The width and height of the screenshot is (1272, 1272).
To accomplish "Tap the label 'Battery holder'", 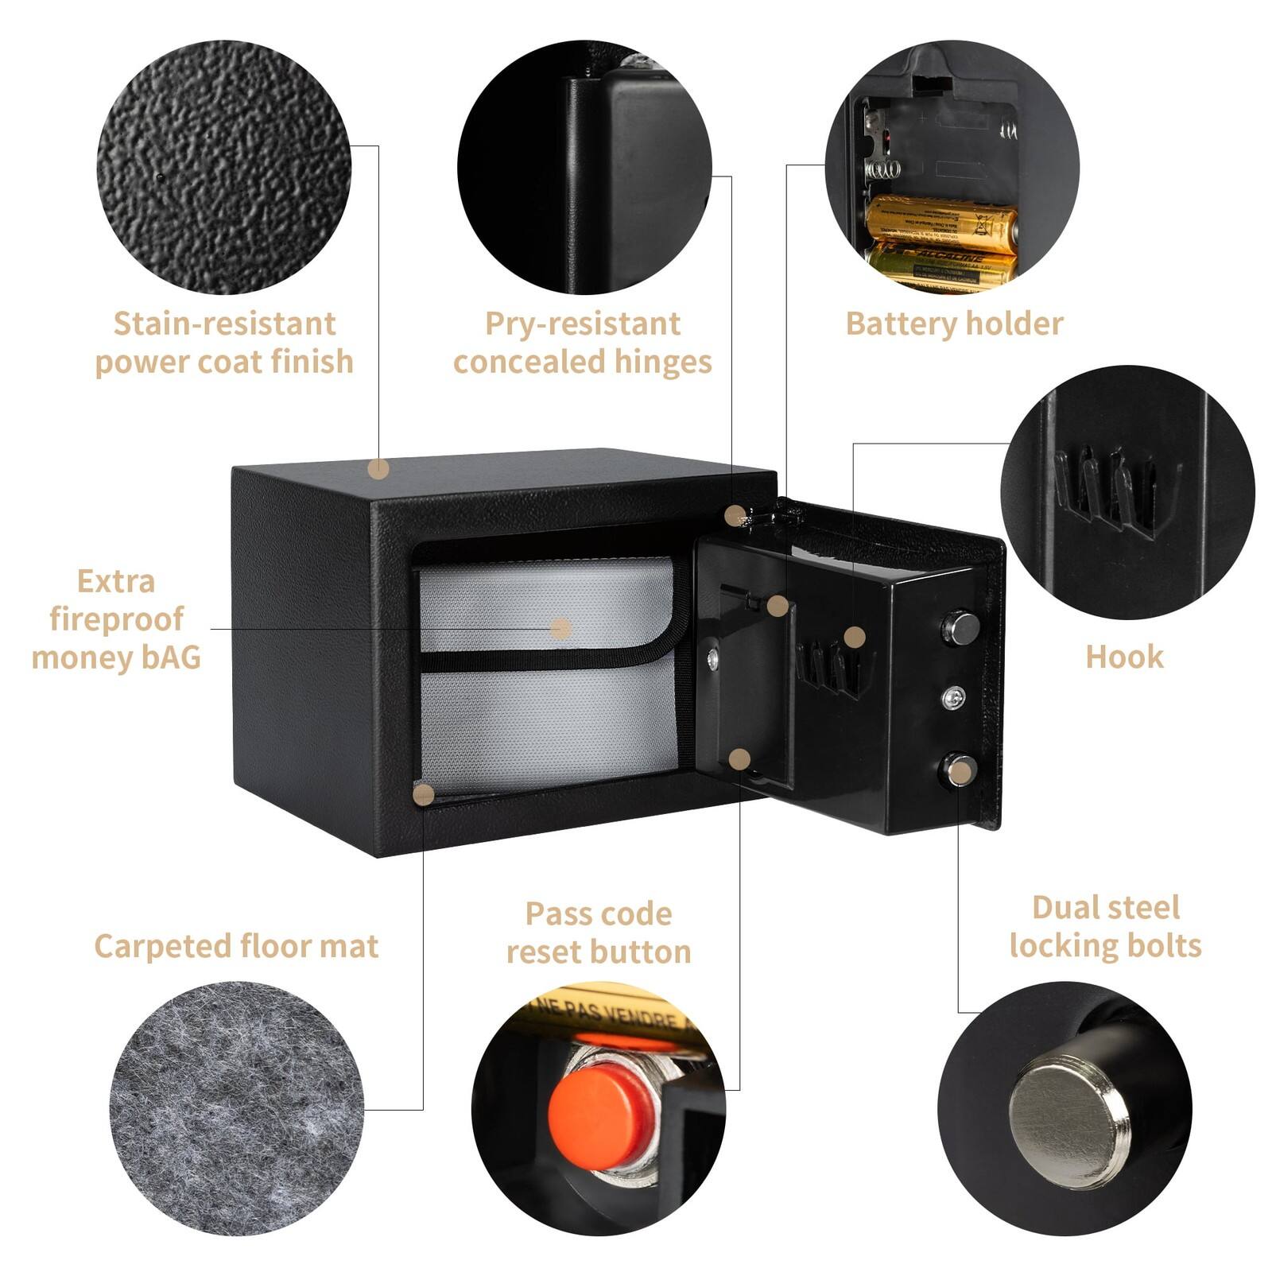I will [x=954, y=324].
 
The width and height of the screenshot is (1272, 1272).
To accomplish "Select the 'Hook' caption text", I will [x=1124, y=657].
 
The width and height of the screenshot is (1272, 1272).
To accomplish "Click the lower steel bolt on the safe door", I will [x=959, y=769].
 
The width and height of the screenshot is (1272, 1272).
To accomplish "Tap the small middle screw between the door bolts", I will [x=954, y=698].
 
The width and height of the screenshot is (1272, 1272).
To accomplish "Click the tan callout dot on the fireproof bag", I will [x=561, y=629].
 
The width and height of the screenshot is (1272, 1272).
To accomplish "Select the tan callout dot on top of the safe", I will [x=379, y=469].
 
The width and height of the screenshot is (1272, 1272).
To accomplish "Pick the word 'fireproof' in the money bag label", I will [x=116, y=619].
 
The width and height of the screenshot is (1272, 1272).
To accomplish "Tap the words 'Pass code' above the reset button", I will [x=599, y=914].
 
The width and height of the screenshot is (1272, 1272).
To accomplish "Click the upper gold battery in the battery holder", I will [x=942, y=223].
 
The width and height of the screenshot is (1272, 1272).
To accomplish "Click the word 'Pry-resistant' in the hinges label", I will [x=583, y=324].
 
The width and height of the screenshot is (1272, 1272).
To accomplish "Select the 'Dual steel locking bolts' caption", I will [x=1105, y=927].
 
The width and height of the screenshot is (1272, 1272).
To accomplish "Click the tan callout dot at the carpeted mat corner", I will [x=425, y=794].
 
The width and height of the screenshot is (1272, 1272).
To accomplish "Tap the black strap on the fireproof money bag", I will [x=541, y=660].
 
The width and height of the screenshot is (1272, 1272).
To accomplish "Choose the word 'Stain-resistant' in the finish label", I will [x=224, y=324].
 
